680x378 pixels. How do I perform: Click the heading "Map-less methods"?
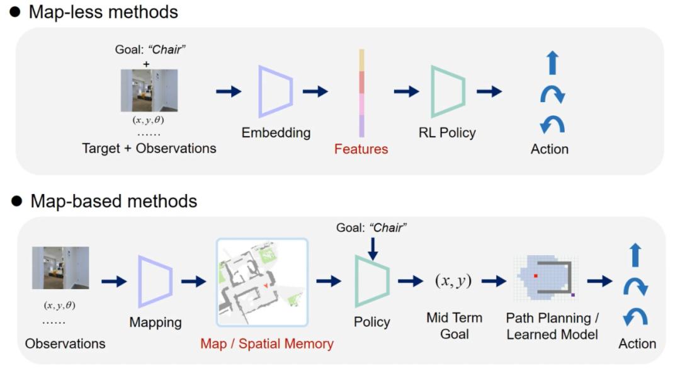point(103,12)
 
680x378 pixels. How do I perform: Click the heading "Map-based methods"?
point(113,201)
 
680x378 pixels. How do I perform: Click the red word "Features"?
point(361,149)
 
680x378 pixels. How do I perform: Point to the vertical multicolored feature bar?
point(361,93)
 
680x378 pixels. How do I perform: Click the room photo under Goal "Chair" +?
point(149,90)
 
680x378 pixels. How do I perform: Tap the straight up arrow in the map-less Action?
point(552,64)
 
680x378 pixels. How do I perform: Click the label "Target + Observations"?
point(149,149)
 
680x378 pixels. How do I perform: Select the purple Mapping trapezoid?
point(155,281)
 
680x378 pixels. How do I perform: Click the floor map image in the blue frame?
point(261,282)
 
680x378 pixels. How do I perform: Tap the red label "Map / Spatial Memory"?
point(267,344)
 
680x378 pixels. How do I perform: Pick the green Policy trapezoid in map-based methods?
point(372,281)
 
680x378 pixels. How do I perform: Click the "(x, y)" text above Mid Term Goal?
point(454,281)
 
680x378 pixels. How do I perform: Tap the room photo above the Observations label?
point(60,268)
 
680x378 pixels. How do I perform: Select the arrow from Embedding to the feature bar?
point(315,91)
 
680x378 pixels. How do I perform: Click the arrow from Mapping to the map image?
point(193,281)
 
